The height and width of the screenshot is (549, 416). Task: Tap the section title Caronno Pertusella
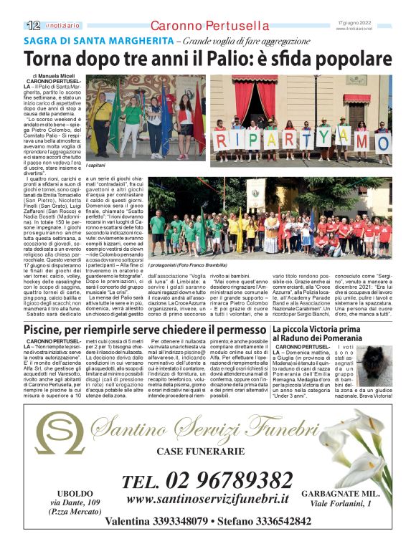(x=209, y=26)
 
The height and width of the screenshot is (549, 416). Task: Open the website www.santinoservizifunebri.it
(x=207, y=500)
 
